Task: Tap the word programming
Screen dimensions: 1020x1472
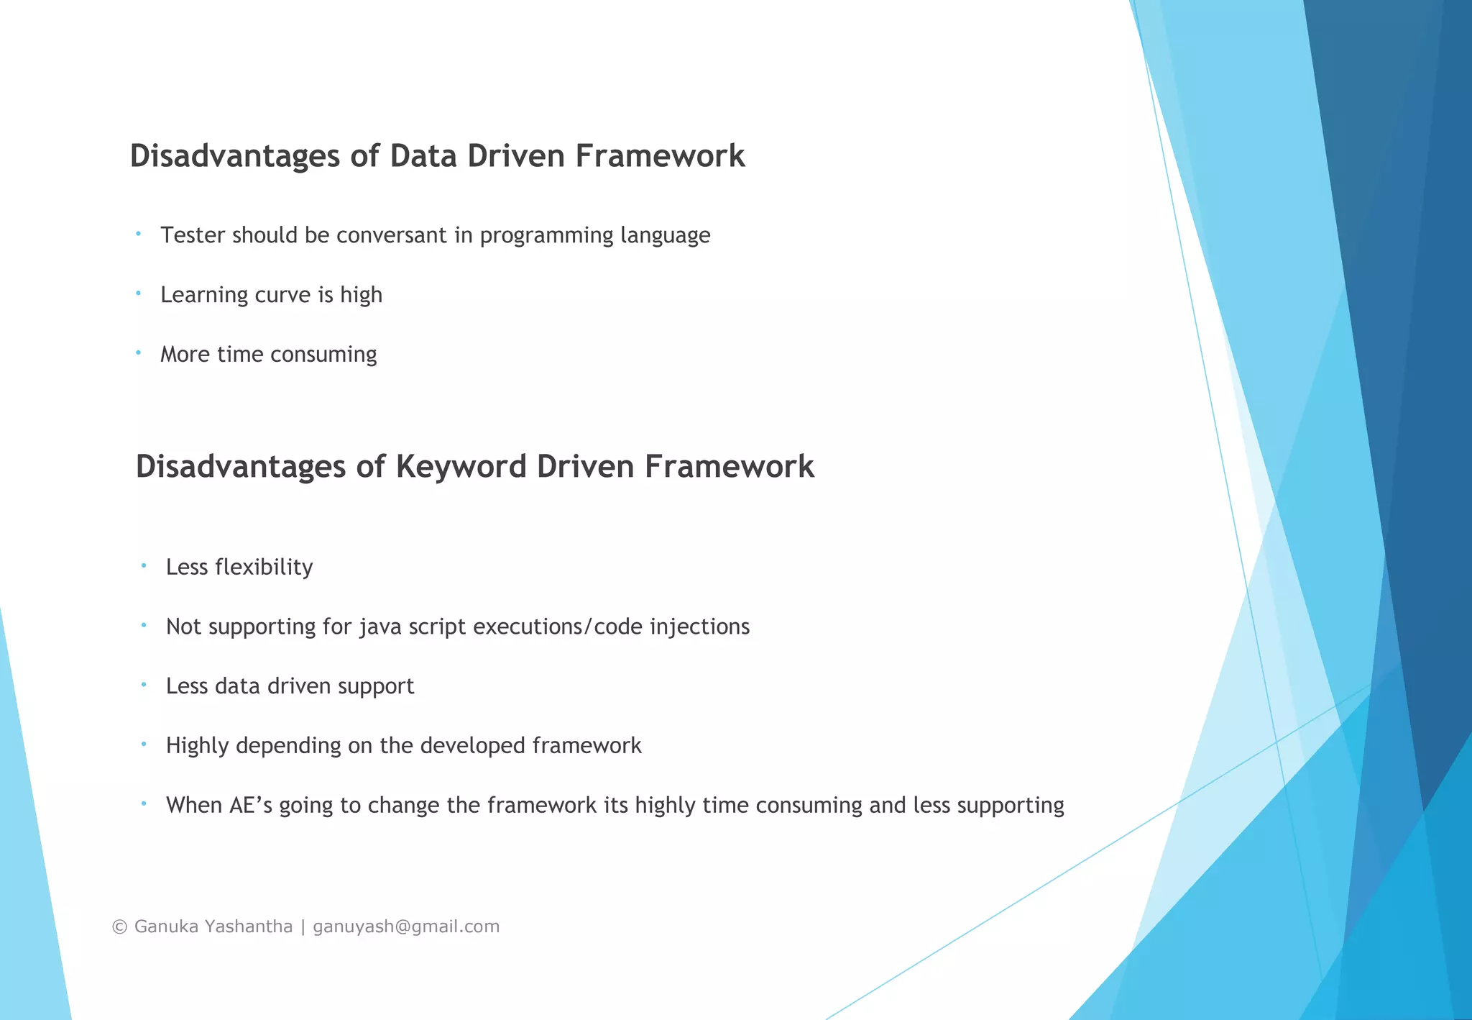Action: [x=546, y=236]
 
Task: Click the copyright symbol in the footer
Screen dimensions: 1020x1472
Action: [x=120, y=926]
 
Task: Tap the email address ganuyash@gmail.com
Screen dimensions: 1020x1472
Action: [x=406, y=926]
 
